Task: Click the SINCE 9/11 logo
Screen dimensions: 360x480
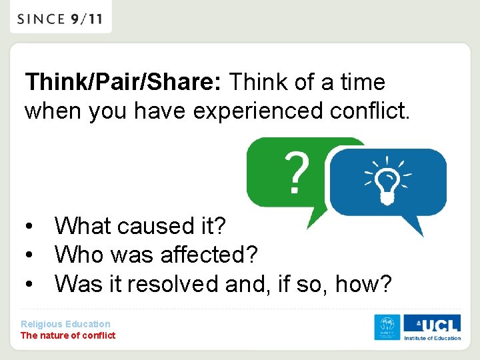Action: coord(60,18)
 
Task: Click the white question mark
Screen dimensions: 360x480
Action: coord(297,173)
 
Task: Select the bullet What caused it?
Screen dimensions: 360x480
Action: coord(140,226)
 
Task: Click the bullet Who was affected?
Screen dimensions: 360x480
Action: coord(156,255)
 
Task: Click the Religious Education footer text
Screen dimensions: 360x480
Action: coord(65,324)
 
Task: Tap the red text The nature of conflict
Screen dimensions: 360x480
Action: coord(68,335)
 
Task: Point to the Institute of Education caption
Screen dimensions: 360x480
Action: coord(432,338)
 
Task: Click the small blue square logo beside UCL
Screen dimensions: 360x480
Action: coord(387,327)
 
